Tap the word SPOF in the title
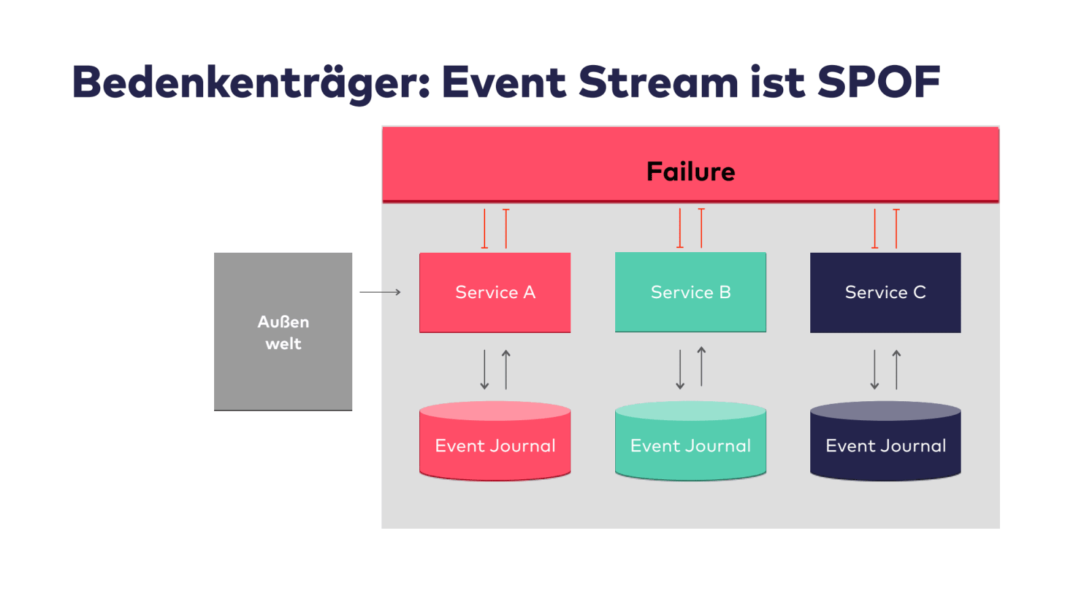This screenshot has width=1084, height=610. [x=879, y=82]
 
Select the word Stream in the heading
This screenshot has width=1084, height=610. [x=658, y=82]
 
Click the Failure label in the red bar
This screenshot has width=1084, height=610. [x=690, y=171]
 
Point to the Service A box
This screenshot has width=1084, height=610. [x=495, y=292]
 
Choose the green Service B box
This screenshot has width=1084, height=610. [x=690, y=292]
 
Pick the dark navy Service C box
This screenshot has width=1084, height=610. [x=885, y=292]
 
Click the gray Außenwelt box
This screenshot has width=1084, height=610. [x=283, y=331]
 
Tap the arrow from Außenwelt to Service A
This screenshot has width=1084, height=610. [x=380, y=292]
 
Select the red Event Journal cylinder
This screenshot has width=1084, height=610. [x=495, y=441]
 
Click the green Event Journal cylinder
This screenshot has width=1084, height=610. [x=690, y=441]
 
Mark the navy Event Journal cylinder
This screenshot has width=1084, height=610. [x=885, y=441]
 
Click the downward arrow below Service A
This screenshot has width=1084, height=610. [x=484, y=370]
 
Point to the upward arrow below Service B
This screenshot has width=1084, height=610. [x=701, y=367]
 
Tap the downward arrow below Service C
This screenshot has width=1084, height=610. [x=875, y=370]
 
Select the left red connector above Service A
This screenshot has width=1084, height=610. [x=484, y=228]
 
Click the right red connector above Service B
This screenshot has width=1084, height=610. [x=701, y=228]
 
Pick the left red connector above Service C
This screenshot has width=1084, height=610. [x=875, y=228]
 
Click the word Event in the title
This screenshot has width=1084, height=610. [x=504, y=82]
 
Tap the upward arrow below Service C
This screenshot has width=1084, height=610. [x=896, y=370]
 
